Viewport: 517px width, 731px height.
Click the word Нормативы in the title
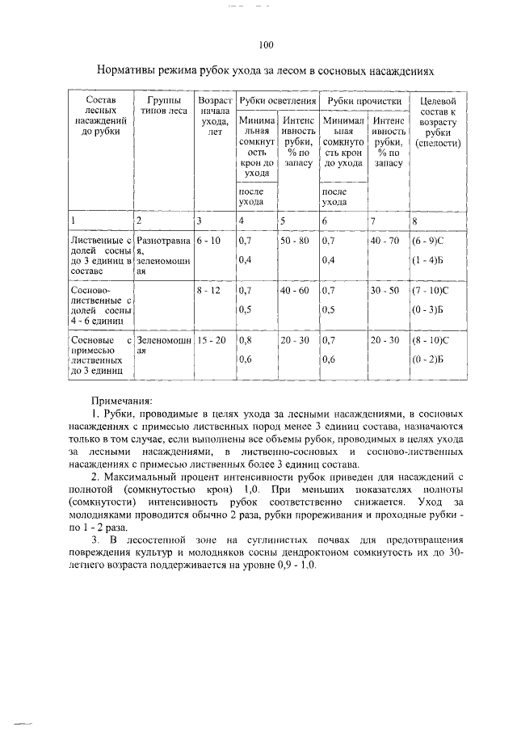pyautogui.click(x=131, y=71)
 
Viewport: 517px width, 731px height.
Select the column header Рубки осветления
pyautogui.click(x=277, y=101)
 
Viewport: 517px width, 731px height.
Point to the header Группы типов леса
pyautogui.click(x=164, y=106)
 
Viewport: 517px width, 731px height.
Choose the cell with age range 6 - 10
pyautogui.click(x=208, y=241)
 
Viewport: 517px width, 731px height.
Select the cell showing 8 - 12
pyautogui.click(x=208, y=290)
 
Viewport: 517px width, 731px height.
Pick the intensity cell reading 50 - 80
pyautogui.click(x=295, y=241)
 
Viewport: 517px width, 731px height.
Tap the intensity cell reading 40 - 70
pyautogui.click(x=385, y=241)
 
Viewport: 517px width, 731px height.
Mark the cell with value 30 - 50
pyautogui.click(x=385, y=290)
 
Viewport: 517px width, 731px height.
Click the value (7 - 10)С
pyautogui.click(x=432, y=290)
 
